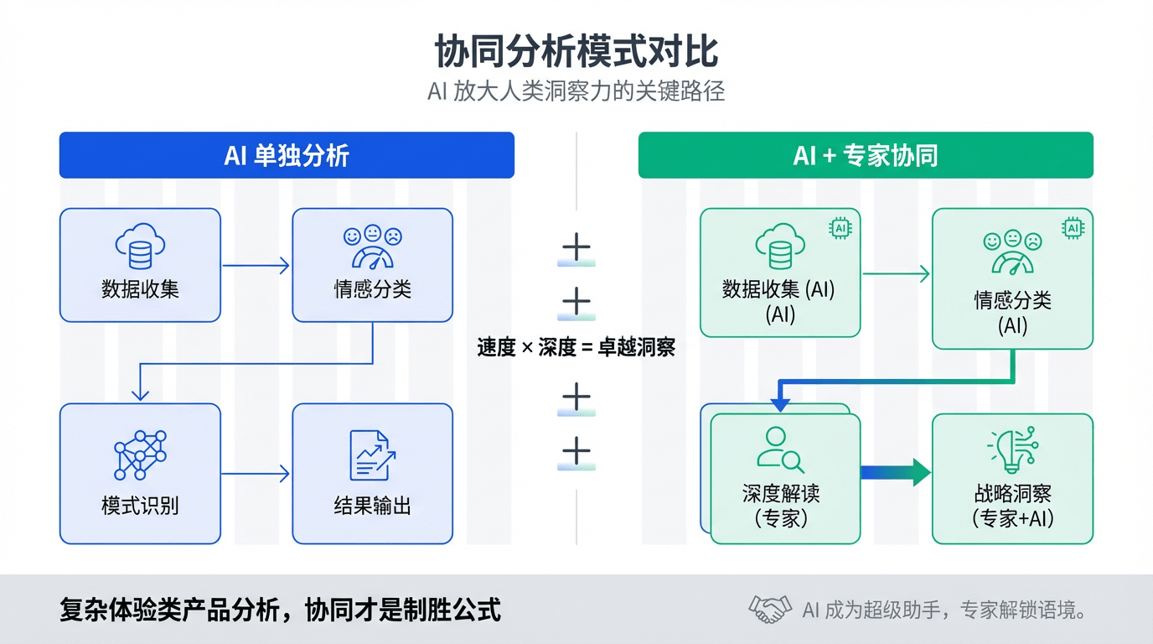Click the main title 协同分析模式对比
576,52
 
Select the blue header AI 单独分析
287,155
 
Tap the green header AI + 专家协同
866,155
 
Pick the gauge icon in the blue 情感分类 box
372,247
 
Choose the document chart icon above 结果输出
372,455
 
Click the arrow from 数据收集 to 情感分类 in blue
256,266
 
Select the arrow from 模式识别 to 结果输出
256,475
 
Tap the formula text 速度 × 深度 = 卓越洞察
576,347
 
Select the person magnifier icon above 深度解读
780,449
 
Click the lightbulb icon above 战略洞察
1012,450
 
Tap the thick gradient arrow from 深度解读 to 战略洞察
895,472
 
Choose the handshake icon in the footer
769,610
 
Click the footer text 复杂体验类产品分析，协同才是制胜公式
281,610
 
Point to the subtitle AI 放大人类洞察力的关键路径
576,91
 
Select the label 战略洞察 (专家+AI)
1012,506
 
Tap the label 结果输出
372,506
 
